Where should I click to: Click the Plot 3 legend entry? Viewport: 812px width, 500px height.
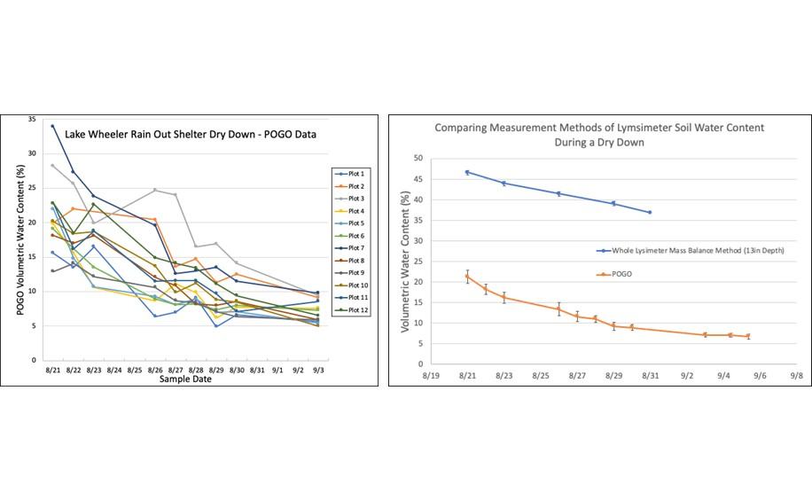click(350, 199)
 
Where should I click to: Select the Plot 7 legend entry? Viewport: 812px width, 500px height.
click(350, 248)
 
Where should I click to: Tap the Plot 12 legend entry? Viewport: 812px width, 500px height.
click(352, 310)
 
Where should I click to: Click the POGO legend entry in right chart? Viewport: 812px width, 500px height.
click(614, 274)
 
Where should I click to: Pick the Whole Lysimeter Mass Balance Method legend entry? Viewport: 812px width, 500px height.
click(691, 251)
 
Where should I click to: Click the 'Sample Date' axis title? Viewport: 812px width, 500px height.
click(185, 379)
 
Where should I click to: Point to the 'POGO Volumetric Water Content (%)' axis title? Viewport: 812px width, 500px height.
click(20, 240)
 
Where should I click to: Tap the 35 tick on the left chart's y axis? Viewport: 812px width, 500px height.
click(32, 120)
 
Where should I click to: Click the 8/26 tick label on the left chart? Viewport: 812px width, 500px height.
click(155, 371)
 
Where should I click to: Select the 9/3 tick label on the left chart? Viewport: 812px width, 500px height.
click(318, 371)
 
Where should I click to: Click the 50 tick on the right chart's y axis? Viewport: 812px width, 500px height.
click(418, 159)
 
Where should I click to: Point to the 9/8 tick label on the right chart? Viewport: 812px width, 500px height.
click(796, 376)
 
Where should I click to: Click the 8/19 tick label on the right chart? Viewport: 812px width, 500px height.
click(431, 376)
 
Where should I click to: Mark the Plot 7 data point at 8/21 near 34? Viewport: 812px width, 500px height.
click(52, 126)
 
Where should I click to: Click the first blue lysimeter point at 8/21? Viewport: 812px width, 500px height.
click(467, 172)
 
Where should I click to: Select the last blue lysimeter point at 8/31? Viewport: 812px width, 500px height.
click(650, 213)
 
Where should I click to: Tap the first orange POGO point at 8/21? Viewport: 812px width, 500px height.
click(467, 277)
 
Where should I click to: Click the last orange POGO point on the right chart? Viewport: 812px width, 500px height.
click(748, 336)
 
